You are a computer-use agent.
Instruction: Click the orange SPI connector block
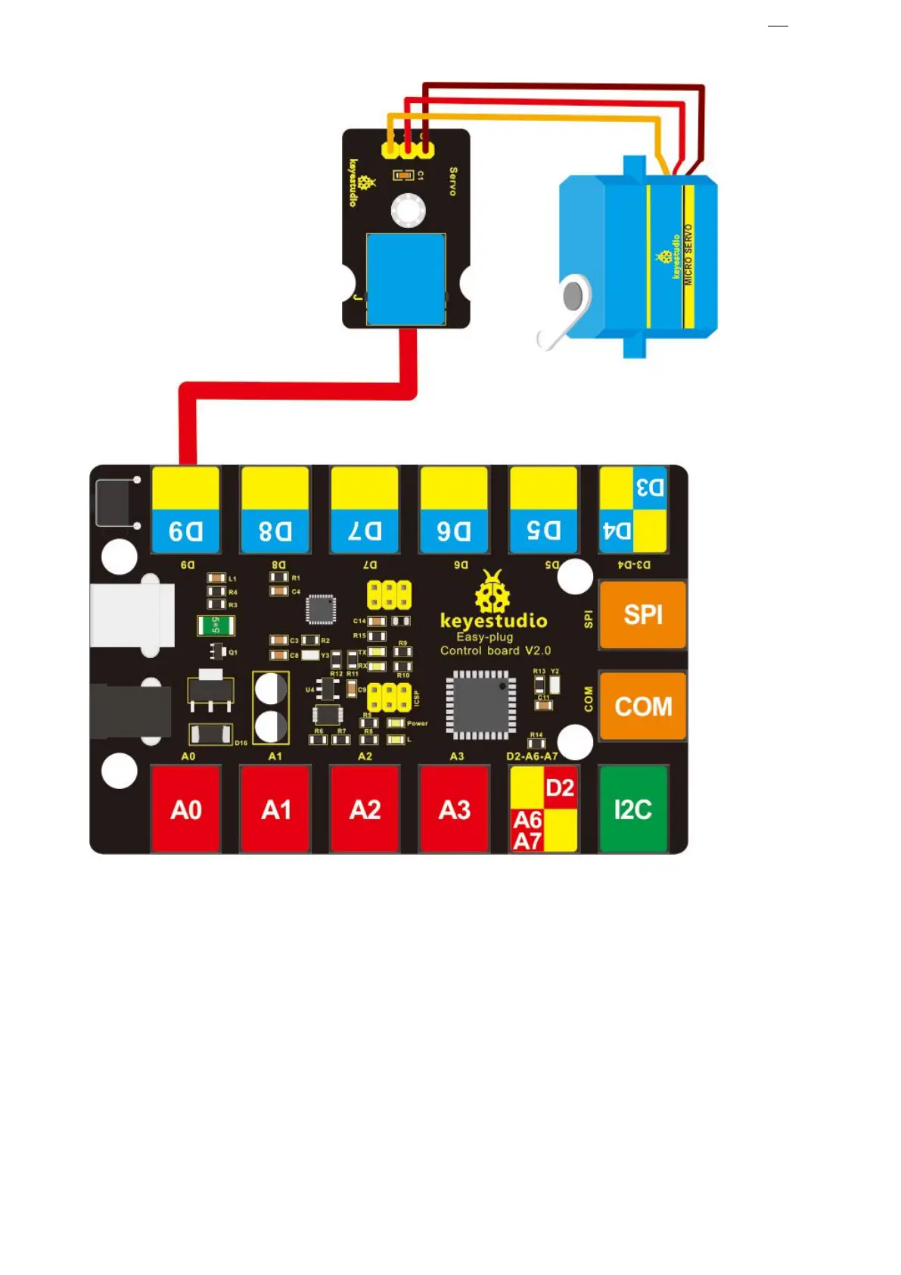coord(642,615)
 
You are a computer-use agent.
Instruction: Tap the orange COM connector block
coord(642,706)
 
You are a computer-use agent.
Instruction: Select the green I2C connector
coord(632,809)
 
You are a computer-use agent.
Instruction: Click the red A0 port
coord(186,809)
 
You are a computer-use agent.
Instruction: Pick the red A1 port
coord(275,809)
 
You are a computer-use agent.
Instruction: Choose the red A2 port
coord(365,809)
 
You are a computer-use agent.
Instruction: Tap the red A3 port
coord(454,809)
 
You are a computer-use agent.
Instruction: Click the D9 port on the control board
coord(185,510)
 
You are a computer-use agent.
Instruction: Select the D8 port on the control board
coord(275,510)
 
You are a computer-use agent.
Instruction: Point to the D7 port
coord(365,510)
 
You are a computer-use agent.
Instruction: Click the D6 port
coord(454,510)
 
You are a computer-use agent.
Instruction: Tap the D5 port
coord(543,510)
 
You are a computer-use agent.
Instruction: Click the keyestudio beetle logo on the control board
coord(492,592)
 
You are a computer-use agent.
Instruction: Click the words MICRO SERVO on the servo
coord(688,254)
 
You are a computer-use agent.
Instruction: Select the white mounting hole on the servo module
coord(408,210)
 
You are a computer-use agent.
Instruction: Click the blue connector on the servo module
coord(406,279)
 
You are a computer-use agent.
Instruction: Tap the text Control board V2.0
coord(496,650)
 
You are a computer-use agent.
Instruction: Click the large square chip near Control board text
coord(480,703)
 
